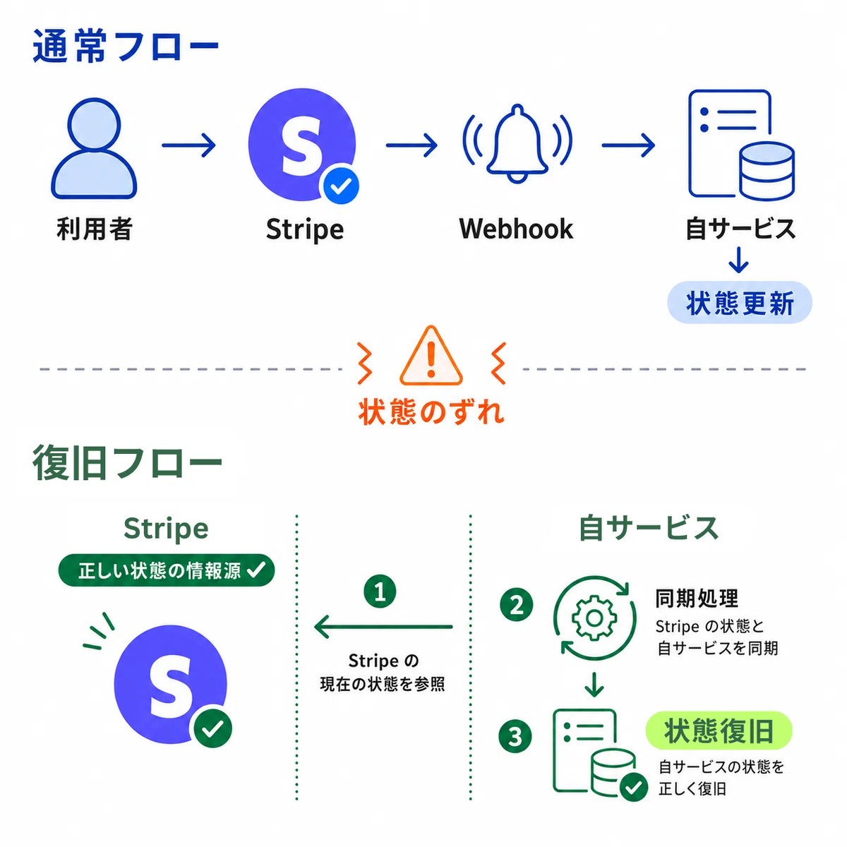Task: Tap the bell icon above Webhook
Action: tap(517, 143)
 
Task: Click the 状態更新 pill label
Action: tap(739, 302)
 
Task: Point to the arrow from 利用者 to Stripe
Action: tap(189, 145)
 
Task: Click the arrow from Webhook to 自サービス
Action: tap(629, 145)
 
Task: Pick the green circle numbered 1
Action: tap(380, 591)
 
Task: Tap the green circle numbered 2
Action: tap(517, 605)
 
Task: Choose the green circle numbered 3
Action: tap(515, 736)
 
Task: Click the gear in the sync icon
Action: tap(594, 618)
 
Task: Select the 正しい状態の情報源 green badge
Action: tap(166, 570)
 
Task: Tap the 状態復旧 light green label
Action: tap(719, 731)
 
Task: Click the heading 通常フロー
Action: tap(126, 46)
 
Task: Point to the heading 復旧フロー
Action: tap(127, 462)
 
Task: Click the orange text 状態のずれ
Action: tap(431, 412)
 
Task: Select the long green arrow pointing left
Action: tap(383, 626)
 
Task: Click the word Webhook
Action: tap(516, 229)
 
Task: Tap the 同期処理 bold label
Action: tap(697, 599)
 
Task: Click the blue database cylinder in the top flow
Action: tap(767, 172)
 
